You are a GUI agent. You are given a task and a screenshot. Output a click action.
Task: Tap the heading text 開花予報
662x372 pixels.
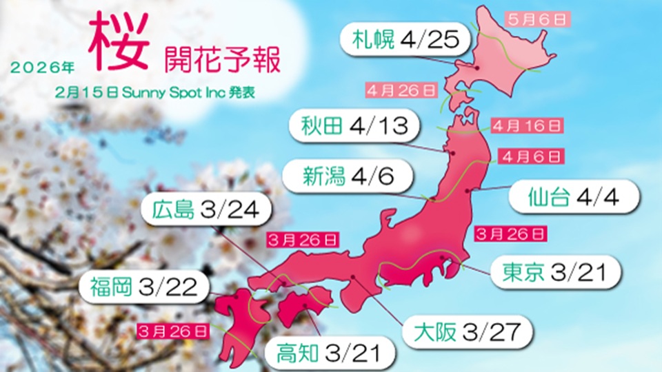click(x=222, y=61)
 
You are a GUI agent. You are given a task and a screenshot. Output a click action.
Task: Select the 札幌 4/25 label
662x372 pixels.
click(x=405, y=40)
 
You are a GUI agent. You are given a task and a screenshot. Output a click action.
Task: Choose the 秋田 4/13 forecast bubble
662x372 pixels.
click(x=351, y=126)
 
